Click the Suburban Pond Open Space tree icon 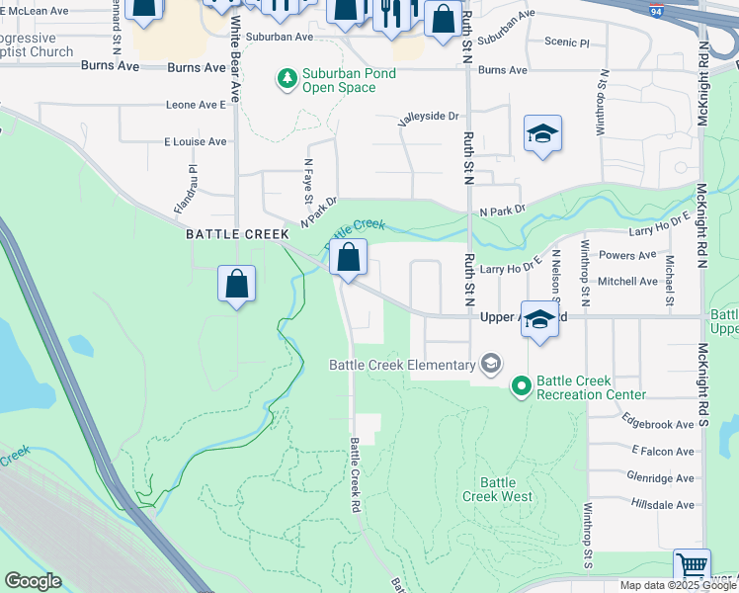(x=287, y=77)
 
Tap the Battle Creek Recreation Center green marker (x=522, y=383)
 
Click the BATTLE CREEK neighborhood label (x=236, y=234)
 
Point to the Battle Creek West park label (x=505, y=489)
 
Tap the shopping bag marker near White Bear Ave (x=237, y=285)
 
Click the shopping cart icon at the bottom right (x=692, y=567)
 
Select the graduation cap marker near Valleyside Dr (x=542, y=134)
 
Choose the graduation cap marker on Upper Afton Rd (x=539, y=320)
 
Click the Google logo (x=33, y=581)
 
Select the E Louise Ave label (x=196, y=141)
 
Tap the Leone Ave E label (x=196, y=104)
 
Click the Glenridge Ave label (x=660, y=477)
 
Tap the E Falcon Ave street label (x=663, y=451)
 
